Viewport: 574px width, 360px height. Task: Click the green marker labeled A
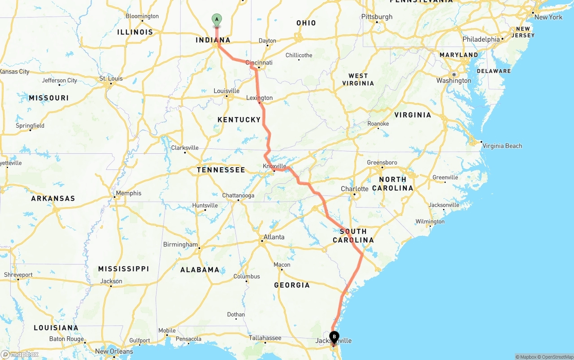(217, 19)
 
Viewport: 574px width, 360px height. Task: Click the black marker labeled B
(334, 337)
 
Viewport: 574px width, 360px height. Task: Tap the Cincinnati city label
(259, 63)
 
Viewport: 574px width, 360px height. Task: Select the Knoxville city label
(274, 166)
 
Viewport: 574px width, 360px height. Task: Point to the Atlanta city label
(274, 237)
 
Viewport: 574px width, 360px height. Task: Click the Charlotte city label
(355, 189)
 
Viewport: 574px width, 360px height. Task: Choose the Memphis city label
(128, 193)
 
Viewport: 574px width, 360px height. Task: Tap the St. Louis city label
(111, 79)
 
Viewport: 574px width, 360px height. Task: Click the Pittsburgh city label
(377, 17)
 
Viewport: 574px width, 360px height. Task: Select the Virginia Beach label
(502, 146)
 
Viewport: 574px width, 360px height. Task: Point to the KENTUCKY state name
(239, 120)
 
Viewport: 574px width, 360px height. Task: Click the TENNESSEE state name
(221, 170)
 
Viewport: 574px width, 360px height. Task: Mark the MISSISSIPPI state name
(123, 269)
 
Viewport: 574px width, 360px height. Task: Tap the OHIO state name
(306, 23)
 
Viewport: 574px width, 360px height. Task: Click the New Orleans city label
(114, 351)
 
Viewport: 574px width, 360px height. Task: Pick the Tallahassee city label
(265, 338)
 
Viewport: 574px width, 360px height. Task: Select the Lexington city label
(259, 98)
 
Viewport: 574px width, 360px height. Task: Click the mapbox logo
(20, 354)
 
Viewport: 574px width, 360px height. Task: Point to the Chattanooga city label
(238, 195)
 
